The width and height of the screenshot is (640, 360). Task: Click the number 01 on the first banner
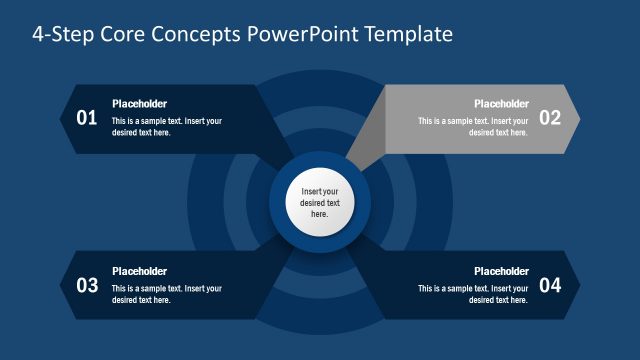coord(87,118)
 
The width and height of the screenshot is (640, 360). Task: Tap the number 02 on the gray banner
coord(550,118)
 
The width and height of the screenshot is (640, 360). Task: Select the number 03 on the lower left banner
coord(87,285)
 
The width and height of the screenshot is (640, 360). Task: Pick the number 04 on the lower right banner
coord(550,285)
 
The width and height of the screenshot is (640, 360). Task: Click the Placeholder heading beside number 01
coord(139,104)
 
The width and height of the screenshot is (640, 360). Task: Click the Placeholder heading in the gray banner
coord(501,104)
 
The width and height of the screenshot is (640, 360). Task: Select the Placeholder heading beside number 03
coord(139,271)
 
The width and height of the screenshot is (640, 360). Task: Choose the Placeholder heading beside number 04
coord(501,271)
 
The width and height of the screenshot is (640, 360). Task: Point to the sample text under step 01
coord(166,127)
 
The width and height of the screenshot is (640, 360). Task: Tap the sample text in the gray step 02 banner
coord(474,127)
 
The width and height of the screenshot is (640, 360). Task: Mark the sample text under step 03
coord(166,294)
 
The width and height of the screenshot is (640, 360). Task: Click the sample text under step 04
coord(474,294)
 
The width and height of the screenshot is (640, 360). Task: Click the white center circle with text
coord(320,202)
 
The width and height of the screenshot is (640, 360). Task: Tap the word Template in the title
coord(410,35)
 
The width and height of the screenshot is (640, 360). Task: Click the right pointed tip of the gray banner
coord(576,118)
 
